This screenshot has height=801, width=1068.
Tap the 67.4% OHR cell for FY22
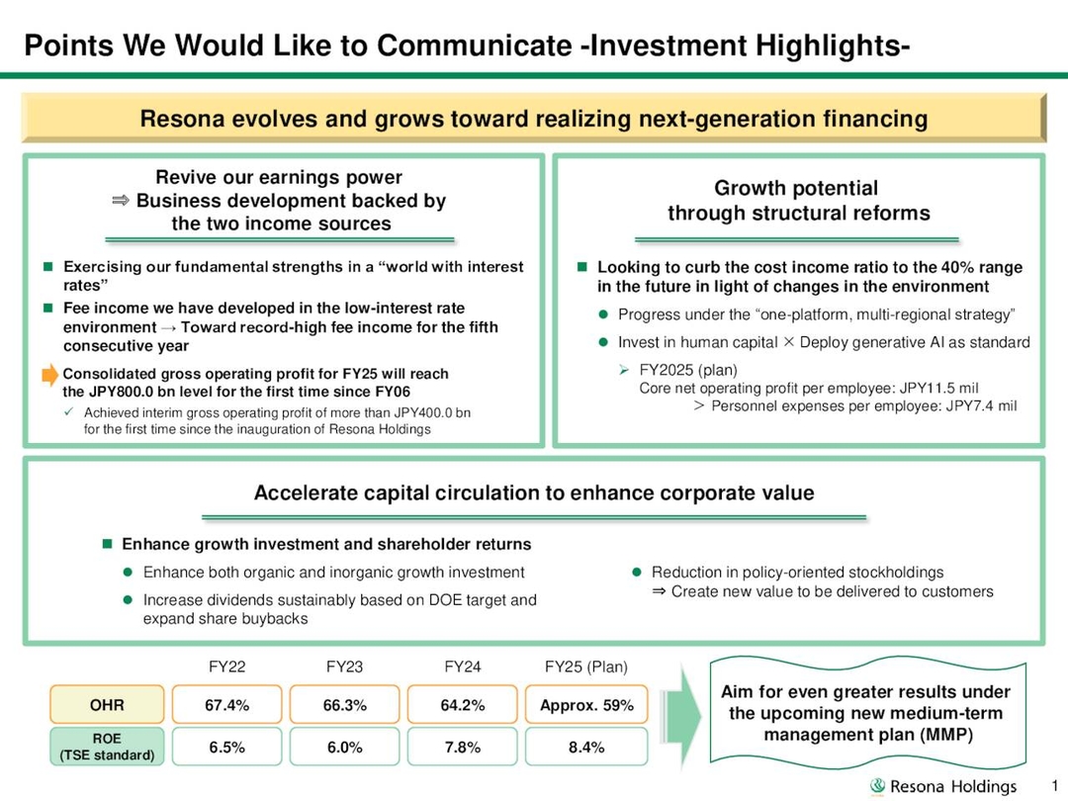227,705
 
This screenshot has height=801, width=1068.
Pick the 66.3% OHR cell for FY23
345,705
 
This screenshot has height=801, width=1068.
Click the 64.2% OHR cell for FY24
462,705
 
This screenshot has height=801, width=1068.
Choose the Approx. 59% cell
586,705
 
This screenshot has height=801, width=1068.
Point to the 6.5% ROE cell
227,748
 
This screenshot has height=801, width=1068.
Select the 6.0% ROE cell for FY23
345,748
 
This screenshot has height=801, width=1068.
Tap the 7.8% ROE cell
462,748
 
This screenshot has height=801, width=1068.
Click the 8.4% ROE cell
586,748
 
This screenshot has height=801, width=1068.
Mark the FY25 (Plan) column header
586,667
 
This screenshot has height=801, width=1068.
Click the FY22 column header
227,667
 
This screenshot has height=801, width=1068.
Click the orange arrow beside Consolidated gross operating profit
50,375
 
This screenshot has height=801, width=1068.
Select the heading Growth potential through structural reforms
798,201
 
